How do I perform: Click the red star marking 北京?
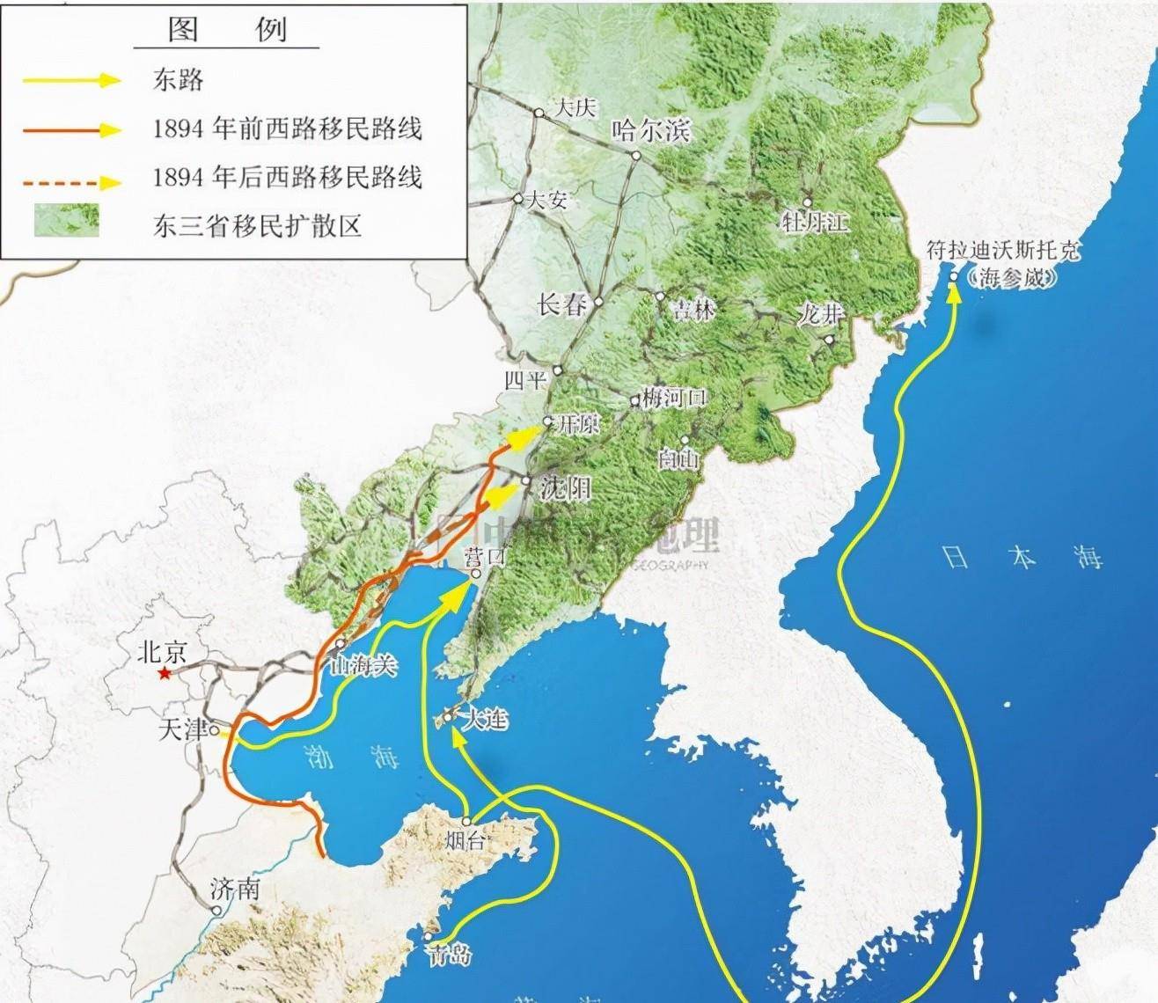[164, 674]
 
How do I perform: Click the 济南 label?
[235, 889]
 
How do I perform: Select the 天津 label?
[182, 729]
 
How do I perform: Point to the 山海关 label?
[363, 665]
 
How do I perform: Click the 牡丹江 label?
[815, 221]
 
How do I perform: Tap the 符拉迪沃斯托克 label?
[1003, 250]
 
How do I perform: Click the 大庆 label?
[575, 107]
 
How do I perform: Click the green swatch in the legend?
[66, 221]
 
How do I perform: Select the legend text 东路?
[178, 79]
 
